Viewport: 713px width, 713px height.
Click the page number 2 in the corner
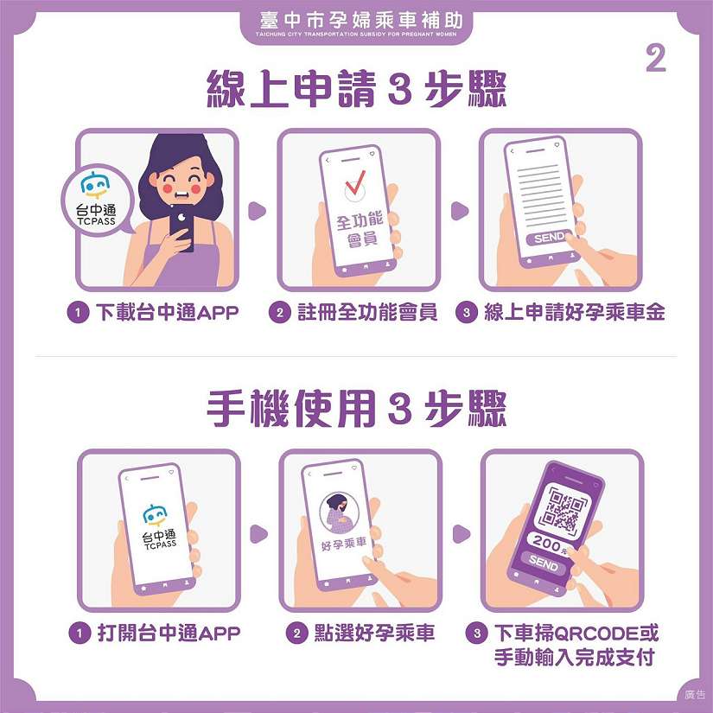tap(656, 59)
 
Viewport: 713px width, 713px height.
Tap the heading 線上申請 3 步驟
tap(356, 89)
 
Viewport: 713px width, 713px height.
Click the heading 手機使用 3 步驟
tap(356, 408)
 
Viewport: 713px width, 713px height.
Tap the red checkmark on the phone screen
tap(355, 182)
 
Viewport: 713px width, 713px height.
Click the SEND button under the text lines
tap(549, 238)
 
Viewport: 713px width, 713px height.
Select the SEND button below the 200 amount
tap(544, 563)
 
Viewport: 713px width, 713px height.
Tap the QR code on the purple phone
tap(563, 509)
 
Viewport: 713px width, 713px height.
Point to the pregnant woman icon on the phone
tap(339, 513)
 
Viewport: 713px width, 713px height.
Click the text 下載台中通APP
tap(168, 312)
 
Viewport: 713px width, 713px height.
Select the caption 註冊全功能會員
tap(367, 312)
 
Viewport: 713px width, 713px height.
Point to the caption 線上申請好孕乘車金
tap(575, 312)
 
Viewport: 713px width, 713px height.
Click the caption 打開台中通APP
tap(169, 633)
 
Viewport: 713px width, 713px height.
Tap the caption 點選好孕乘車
tap(375, 633)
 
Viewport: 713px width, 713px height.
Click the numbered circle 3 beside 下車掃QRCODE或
tap(477, 633)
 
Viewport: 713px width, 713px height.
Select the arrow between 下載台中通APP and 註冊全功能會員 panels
tap(257, 211)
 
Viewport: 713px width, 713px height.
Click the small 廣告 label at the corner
tap(695, 694)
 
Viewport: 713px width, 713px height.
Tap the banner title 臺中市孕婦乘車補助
tap(361, 21)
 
